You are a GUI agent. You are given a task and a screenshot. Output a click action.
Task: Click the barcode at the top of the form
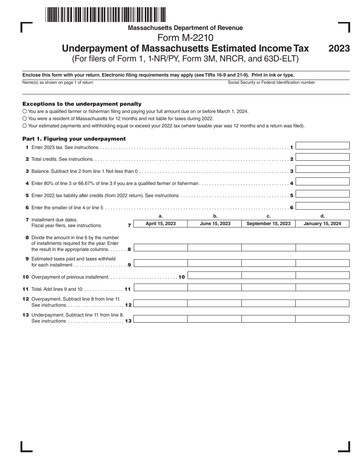click(x=105, y=14)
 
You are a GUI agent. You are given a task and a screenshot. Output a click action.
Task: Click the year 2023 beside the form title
click(x=339, y=49)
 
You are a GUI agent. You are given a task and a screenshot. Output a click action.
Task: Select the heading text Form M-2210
click(x=185, y=38)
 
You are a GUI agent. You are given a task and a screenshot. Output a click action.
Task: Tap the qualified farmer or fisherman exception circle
click(x=25, y=111)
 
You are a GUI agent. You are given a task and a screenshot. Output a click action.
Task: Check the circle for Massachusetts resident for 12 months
click(x=25, y=119)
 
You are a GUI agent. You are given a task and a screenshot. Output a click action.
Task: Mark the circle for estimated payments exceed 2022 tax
click(x=25, y=126)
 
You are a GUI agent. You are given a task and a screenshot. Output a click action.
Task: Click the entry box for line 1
click(x=322, y=146)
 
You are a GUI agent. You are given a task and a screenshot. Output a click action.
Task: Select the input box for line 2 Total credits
click(x=322, y=157)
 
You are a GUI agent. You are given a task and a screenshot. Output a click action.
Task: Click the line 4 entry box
click(x=322, y=182)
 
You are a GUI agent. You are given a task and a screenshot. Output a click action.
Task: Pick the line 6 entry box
click(x=322, y=206)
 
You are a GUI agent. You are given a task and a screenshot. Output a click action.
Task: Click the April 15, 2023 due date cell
click(x=161, y=224)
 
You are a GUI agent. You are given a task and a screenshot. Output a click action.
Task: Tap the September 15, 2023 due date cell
click(x=268, y=224)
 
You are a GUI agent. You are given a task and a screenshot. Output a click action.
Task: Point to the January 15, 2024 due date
click(x=322, y=224)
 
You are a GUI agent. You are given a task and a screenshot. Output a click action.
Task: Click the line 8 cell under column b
click(x=214, y=248)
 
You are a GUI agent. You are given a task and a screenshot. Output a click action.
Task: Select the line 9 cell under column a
click(x=161, y=263)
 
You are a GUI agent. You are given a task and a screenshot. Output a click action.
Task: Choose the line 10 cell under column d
click(x=322, y=275)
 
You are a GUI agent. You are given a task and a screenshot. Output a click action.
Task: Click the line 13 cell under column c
click(x=268, y=319)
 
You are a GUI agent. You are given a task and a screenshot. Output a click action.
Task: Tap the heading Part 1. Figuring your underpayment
click(x=74, y=139)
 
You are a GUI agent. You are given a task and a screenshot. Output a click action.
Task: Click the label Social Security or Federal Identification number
click(x=271, y=82)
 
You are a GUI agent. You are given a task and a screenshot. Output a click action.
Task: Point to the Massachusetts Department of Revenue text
click(x=185, y=28)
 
